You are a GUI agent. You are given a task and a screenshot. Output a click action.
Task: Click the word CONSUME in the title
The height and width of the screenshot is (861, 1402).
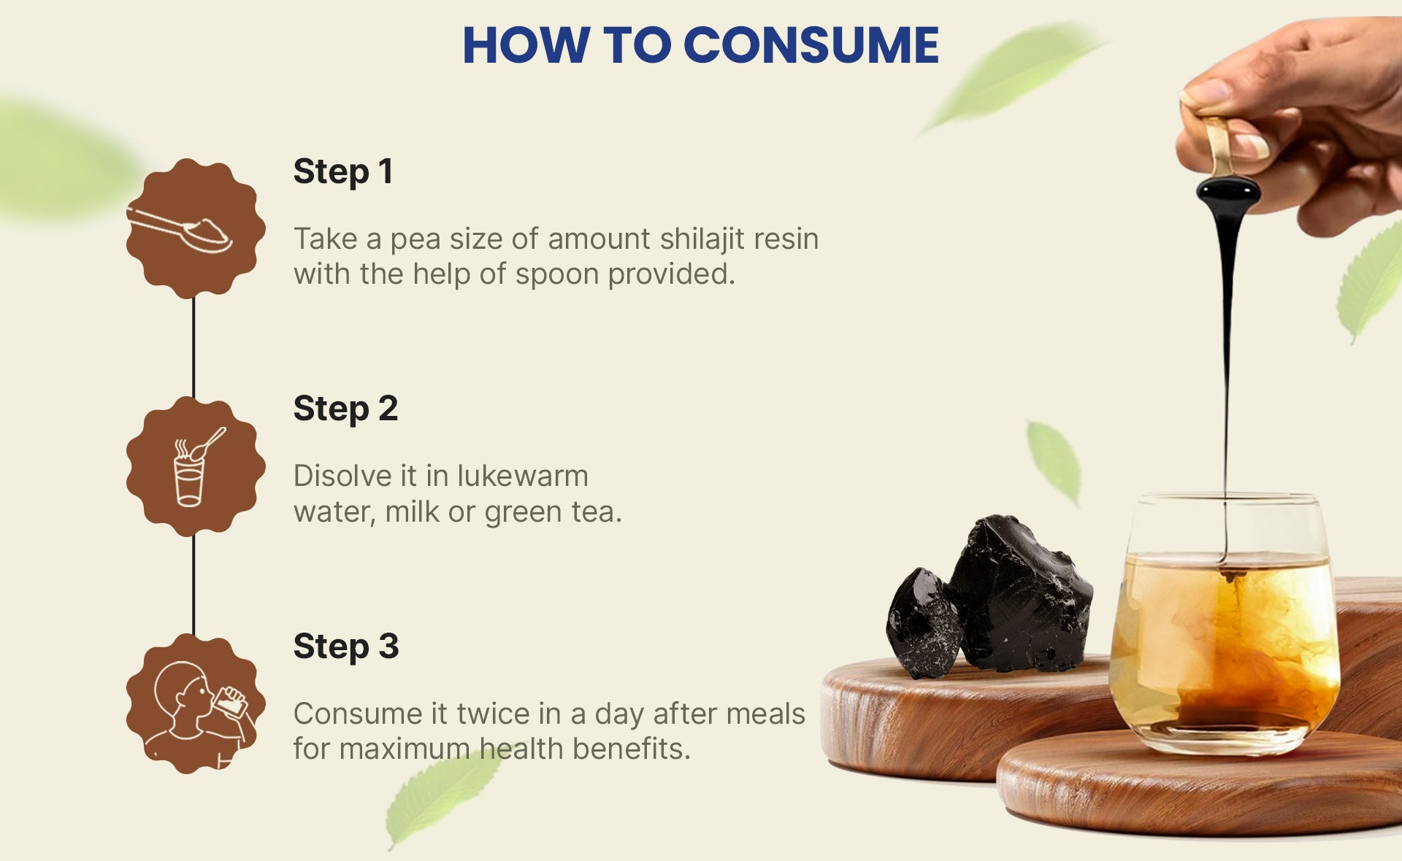pyautogui.click(x=811, y=45)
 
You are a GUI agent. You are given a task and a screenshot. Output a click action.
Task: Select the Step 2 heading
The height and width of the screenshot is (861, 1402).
pyautogui.click(x=345, y=409)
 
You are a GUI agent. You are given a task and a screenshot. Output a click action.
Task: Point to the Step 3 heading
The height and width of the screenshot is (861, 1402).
pyautogui.click(x=346, y=647)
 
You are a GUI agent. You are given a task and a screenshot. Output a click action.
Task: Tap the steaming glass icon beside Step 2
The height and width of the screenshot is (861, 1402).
pyautogui.click(x=195, y=466)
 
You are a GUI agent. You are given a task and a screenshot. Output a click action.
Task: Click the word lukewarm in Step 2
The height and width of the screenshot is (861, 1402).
pyautogui.click(x=523, y=476)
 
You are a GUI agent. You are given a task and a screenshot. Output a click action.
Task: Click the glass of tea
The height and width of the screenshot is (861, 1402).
pyautogui.click(x=1225, y=624)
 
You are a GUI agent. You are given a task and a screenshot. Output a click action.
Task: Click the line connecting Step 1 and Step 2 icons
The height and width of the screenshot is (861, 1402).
pyautogui.click(x=194, y=348)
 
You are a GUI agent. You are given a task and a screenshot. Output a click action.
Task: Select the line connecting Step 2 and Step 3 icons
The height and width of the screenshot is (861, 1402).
pyautogui.click(x=194, y=585)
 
